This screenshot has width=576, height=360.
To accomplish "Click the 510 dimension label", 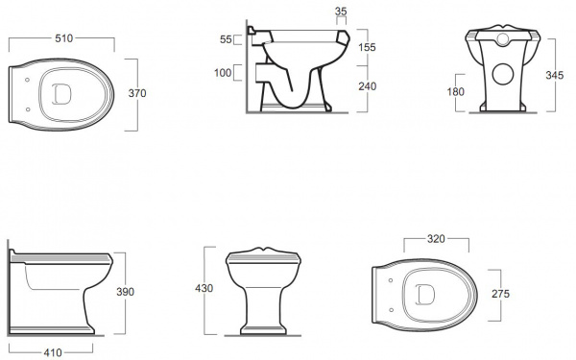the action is [x=64, y=38].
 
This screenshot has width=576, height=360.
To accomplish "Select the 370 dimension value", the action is [x=137, y=93].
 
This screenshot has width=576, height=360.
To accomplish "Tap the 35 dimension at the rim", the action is [x=341, y=12].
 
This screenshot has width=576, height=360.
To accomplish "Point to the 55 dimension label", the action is [x=226, y=39].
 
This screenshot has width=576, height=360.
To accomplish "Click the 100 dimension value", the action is [x=223, y=73].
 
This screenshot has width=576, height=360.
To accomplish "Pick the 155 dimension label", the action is [x=368, y=47].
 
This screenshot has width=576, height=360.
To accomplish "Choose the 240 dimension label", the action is [x=368, y=86].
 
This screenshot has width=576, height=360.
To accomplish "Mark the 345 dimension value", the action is [x=554, y=75].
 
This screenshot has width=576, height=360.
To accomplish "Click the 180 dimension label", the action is [x=455, y=92].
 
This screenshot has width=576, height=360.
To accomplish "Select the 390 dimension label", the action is [x=125, y=292].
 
